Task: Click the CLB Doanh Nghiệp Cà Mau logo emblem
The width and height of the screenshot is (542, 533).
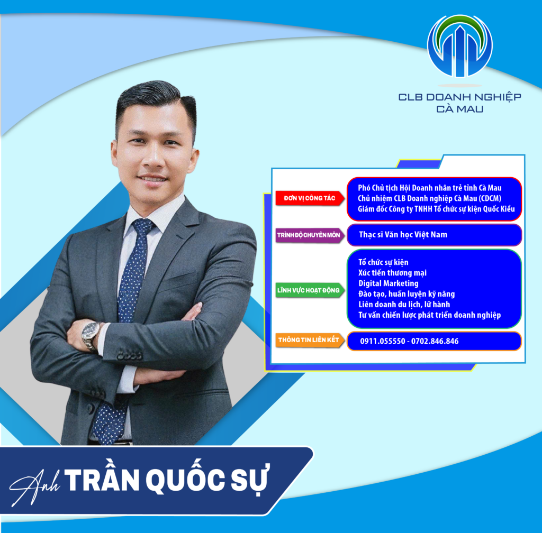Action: click(460, 46)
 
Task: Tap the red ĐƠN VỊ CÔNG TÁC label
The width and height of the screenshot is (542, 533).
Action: click(310, 198)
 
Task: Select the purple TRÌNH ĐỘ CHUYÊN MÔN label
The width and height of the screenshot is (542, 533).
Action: click(310, 235)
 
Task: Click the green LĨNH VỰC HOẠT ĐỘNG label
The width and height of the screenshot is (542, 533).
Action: click(310, 290)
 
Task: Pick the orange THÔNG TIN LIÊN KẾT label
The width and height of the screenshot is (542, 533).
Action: click(310, 340)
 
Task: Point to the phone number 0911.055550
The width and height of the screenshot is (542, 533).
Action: click(383, 341)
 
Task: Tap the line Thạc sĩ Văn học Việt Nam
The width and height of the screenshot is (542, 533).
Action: click(403, 235)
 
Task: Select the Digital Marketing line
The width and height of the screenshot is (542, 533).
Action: click(388, 284)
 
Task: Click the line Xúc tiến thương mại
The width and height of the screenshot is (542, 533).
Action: click(392, 273)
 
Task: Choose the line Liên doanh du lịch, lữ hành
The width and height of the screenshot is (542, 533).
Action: click(404, 305)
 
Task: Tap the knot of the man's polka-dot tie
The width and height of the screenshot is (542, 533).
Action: click(143, 226)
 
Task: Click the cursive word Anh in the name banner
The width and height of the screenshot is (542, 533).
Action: click(34, 487)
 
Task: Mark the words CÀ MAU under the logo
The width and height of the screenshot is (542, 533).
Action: click(460, 109)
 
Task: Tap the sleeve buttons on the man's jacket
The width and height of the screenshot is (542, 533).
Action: click(129, 355)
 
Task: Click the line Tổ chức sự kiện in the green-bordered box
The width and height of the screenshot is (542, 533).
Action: click(383, 262)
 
